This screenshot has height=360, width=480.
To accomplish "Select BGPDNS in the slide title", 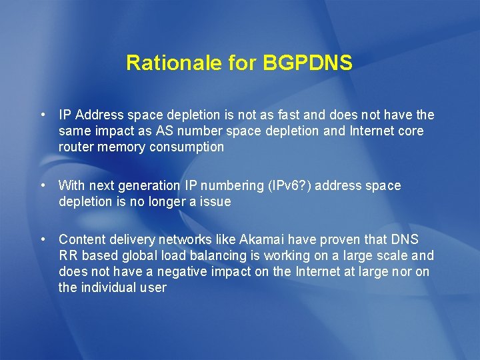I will [308, 63].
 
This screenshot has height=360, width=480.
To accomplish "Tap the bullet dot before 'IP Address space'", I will [43, 114].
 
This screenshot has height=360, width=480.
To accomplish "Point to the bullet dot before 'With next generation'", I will [43, 185].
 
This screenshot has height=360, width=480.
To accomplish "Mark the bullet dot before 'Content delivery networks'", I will [43, 239].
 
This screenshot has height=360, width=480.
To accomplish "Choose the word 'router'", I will [76, 147].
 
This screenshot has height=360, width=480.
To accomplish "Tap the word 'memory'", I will [121, 147].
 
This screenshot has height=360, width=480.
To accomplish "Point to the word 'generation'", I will [145, 186].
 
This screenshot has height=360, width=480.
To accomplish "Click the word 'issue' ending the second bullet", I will [215, 202].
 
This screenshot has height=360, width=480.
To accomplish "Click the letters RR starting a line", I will [68, 255].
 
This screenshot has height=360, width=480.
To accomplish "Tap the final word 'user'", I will [153, 288].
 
